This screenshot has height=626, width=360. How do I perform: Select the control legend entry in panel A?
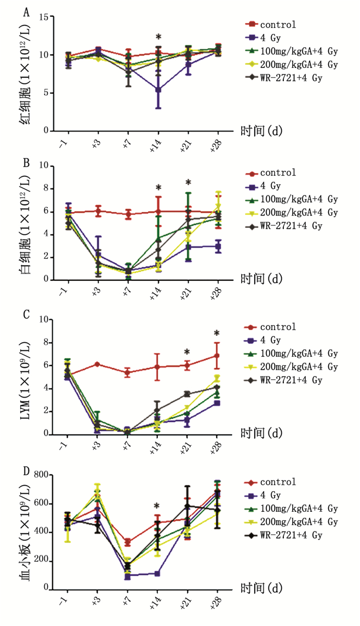click(x=278, y=25)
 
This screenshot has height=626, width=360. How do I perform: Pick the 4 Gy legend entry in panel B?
click(x=273, y=186)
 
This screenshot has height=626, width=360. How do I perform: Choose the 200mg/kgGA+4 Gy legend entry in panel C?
click(x=299, y=367)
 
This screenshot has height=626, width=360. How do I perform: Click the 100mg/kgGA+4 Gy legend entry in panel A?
click(x=299, y=51)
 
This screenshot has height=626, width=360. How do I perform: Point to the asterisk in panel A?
click(x=158, y=38)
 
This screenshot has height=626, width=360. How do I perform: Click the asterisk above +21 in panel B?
click(x=188, y=183)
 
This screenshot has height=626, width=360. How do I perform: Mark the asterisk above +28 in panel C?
click(x=217, y=333)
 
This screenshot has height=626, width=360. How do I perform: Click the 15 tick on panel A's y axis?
click(x=43, y=17)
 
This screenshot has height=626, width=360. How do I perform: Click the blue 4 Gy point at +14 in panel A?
click(x=158, y=90)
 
